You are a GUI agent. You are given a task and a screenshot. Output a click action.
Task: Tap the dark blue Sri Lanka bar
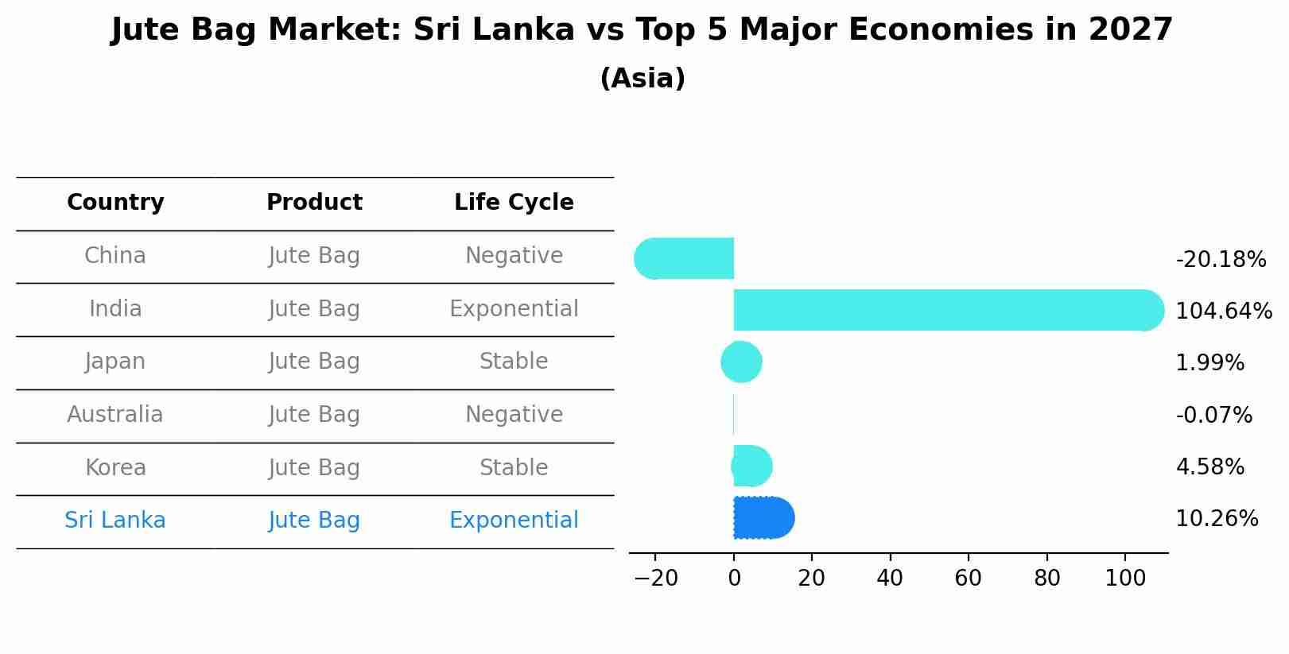coord(763,518)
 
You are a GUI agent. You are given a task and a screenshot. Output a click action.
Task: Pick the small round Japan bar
coord(741,362)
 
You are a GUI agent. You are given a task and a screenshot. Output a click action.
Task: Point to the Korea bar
coord(751,466)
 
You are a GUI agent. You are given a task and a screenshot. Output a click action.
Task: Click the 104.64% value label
coord(1223,311)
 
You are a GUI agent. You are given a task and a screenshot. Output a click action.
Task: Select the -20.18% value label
coord(1220,259)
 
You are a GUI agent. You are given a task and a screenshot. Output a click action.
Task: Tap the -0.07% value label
coord(1213,415)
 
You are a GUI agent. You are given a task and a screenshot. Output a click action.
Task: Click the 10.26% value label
coord(1217,519)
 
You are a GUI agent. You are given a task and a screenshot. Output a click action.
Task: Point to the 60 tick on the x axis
coord(968,578)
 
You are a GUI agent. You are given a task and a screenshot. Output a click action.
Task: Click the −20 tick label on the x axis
coord(655,578)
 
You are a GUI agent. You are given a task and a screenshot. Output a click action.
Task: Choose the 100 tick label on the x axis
coord(1125,578)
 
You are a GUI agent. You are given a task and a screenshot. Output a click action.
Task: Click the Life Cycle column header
coord(514,203)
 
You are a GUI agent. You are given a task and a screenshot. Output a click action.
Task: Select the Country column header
coord(115,203)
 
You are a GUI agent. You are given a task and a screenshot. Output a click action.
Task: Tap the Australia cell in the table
coord(115,415)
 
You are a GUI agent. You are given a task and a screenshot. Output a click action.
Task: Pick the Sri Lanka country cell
coord(115,520)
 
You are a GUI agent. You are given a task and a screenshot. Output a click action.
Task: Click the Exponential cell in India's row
coord(514,309)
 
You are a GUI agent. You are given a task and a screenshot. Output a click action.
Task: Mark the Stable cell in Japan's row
coord(514,362)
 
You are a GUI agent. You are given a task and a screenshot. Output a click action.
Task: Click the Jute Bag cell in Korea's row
coord(314,468)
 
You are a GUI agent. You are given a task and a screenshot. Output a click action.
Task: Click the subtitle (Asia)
coord(643,79)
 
